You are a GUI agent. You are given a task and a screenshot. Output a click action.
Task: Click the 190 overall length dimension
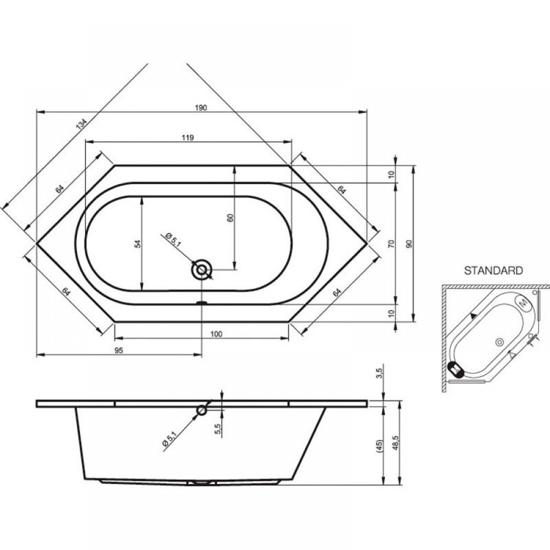(201, 108)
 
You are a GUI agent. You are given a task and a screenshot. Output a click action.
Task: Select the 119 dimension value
(188, 137)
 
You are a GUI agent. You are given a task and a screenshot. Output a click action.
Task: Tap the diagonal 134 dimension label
(81, 124)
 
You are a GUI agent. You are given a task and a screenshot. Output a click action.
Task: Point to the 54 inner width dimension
(138, 244)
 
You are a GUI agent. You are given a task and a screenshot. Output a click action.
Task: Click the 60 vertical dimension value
(230, 217)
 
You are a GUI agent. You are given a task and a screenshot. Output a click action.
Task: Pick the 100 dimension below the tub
(217, 334)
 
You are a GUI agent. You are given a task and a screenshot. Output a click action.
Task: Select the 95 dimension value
(119, 350)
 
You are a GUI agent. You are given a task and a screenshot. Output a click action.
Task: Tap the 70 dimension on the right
(392, 244)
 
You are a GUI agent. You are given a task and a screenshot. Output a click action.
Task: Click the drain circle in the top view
(201, 270)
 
